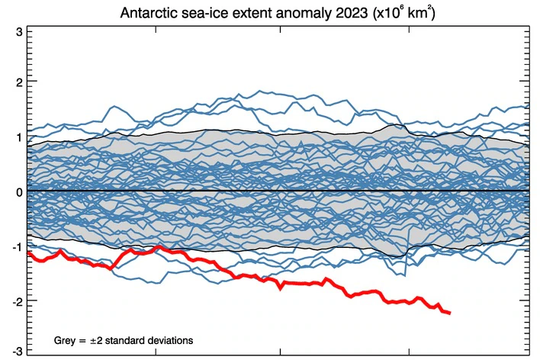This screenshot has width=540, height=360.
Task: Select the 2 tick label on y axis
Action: coord(18,81)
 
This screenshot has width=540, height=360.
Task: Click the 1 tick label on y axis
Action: coord(18,137)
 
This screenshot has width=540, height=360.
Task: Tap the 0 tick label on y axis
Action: coord(18,191)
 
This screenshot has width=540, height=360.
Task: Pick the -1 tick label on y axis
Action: coord(15,246)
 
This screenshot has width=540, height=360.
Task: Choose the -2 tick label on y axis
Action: coord(15,301)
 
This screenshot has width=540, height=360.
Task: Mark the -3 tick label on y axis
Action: coord(15,351)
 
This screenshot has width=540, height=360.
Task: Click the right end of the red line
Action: coord(450,313)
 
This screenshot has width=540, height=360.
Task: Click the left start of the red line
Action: coord(28,252)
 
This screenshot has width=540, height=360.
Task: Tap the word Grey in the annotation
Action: coord(65,339)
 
